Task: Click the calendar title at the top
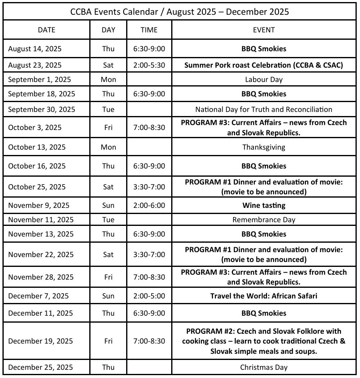[180, 11]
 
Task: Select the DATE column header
[46, 30]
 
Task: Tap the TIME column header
[149, 30]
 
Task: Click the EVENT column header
[264, 30]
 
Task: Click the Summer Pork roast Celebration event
[264, 65]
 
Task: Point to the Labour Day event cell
[264, 80]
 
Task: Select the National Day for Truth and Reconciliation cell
[264, 109]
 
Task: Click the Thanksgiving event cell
[264, 147]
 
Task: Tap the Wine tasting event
[264, 205]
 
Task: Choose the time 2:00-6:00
[149, 205]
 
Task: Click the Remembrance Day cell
[264, 220]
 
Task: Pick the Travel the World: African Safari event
[264, 296]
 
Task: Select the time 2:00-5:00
[149, 296]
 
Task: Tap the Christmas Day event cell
[264, 367]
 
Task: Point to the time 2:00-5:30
[149, 65]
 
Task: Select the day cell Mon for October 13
[108, 147]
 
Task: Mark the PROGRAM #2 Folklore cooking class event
[264, 341]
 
